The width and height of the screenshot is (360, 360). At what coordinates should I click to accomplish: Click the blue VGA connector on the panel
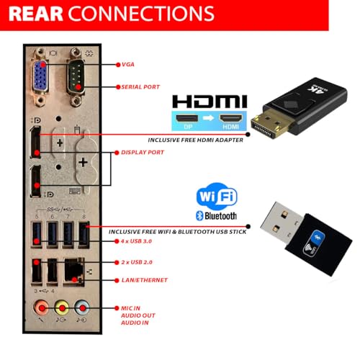[40, 76]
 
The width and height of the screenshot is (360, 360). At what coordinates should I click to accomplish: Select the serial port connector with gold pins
[76, 76]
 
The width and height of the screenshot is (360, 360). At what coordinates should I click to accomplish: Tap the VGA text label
[128, 65]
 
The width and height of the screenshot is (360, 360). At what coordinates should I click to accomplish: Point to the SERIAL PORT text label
[140, 87]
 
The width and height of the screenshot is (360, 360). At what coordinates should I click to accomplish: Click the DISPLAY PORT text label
[143, 153]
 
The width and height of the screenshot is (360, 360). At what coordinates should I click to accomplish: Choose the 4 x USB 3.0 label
[136, 241]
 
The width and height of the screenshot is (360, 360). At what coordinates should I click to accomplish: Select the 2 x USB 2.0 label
[137, 262]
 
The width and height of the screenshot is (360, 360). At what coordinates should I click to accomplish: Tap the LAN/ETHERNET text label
[145, 280]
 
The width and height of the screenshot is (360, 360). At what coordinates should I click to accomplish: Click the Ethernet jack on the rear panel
[73, 272]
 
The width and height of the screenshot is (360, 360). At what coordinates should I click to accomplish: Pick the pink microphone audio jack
[42, 307]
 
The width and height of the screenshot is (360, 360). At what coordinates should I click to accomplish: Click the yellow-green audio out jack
[62, 307]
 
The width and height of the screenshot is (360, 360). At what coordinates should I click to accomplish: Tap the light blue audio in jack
[82, 307]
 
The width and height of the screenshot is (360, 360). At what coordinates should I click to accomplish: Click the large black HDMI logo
[210, 102]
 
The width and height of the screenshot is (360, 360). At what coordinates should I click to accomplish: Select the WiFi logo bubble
[217, 197]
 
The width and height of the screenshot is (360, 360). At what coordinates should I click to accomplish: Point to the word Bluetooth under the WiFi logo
[220, 216]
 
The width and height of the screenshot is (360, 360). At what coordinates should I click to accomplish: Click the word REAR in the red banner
[36, 14]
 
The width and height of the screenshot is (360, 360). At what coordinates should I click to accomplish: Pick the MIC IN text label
[130, 308]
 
